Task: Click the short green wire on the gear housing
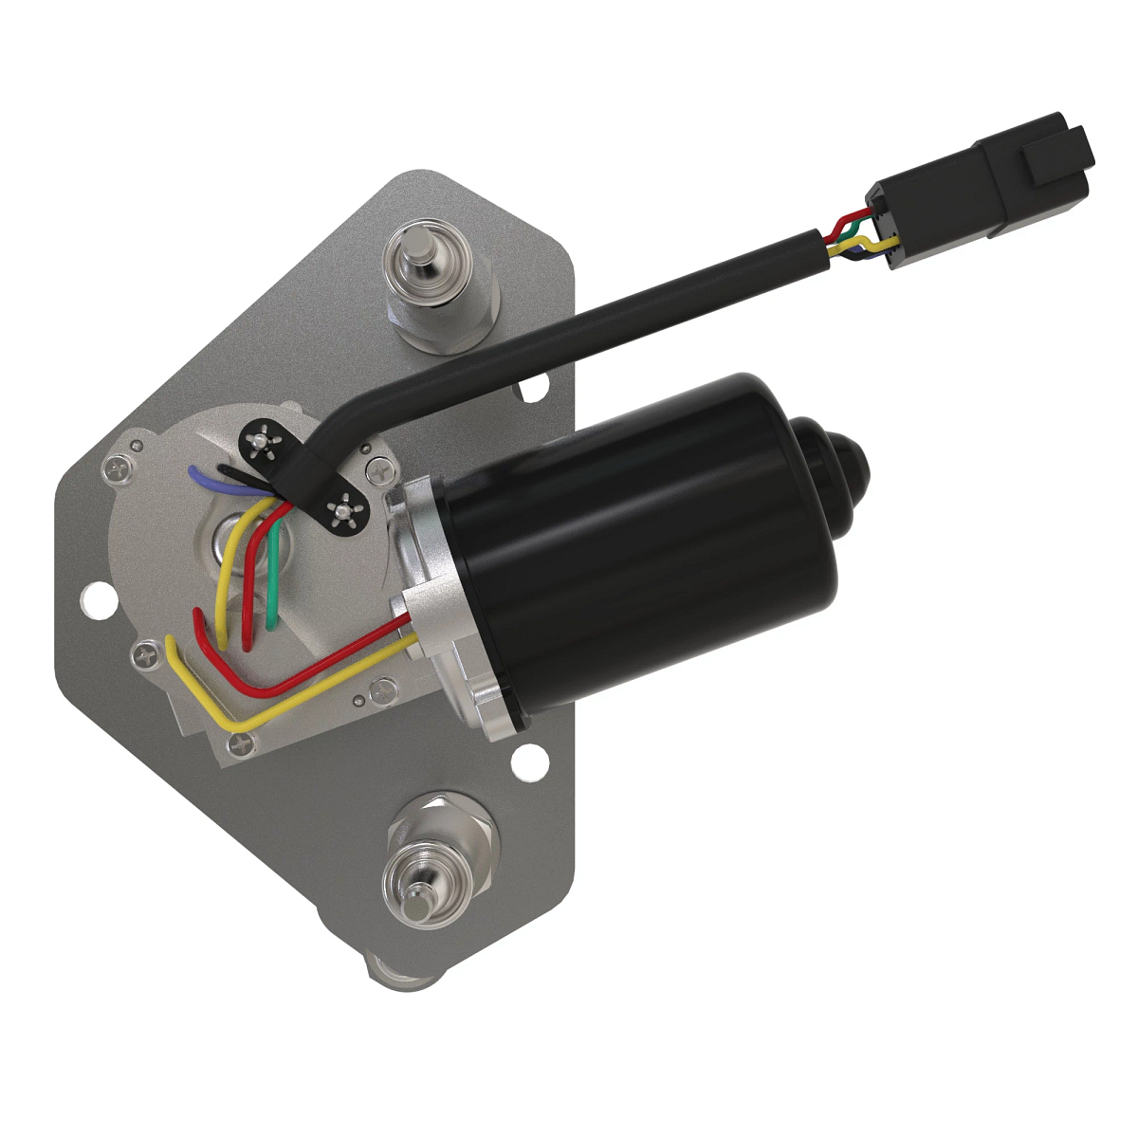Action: pyautogui.click(x=272, y=578)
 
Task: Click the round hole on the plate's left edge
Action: pyautogui.click(x=95, y=600)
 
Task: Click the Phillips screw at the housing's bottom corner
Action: pyautogui.click(x=240, y=745)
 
